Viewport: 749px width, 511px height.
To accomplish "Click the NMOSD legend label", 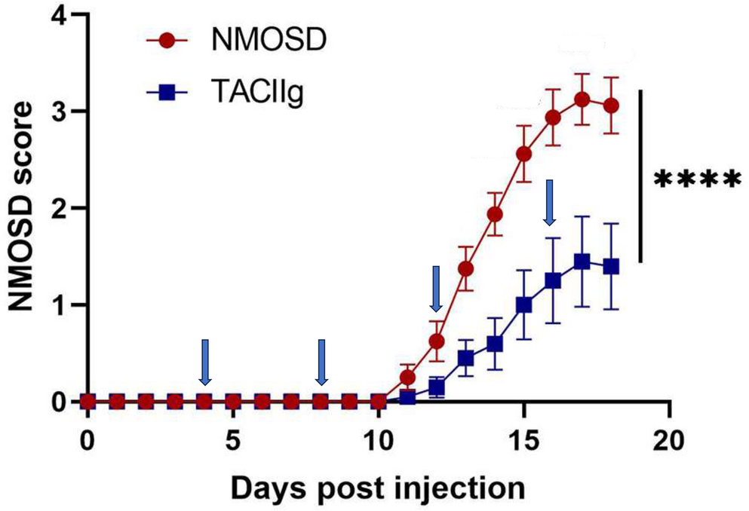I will pyautogui.click(x=268, y=39).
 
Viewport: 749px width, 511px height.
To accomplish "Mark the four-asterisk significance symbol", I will pyautogui.click(x=695, y=181).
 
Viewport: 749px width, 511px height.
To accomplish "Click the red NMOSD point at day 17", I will pyautogui.click(x=582, y=99).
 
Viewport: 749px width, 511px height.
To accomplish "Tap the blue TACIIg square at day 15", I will pyautogui.click(x=523, y=305).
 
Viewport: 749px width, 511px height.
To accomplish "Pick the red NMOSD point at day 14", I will pyautogui.click(x=495, y=215).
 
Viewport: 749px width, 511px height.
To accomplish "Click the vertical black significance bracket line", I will pyautogui.click(x=640, y=176).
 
